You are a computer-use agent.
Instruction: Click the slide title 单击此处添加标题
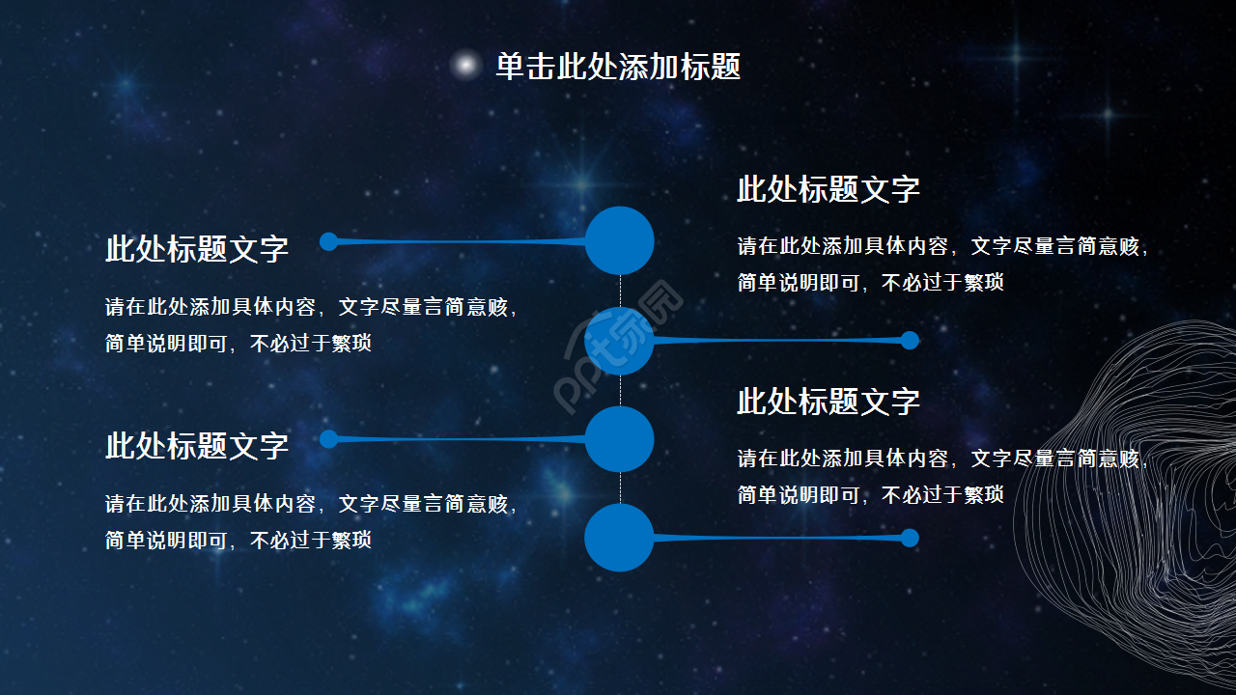pyautogui.click(x=618, y=67)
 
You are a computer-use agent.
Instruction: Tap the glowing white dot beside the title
pyautogui.click(x=465, y=65)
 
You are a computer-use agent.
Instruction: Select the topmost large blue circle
pyautogui.click(x=620, y=240)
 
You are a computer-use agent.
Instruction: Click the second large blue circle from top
pyautogui.click(x=619, y=341)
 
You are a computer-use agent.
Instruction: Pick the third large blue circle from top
pyautogui.click(x=620, y=439)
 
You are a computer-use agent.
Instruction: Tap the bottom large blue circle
pyautogui.click(x=619, y=538)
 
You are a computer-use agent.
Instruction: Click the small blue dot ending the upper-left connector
pyautogui.click(x=328, y=241)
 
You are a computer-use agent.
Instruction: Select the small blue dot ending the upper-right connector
pyautogui.click(x=910, y=340)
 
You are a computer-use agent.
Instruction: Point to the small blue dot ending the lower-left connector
pyautogui.click(x=328, y=439)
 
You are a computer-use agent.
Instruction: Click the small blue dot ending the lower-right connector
pyautogui.click(x=910, y=538)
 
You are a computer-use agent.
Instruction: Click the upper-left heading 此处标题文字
pyautogui.click(x=197, y=249)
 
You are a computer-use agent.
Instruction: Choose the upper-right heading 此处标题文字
pyautogui.click(x=829, y=189)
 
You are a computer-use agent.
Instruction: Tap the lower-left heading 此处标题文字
pyautogui.click(x=197, y=446)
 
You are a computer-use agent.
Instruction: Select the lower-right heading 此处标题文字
pyautogui.click(x=829, y=402)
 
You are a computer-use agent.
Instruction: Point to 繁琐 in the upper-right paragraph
pyautogui.click(x=984, y=283)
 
